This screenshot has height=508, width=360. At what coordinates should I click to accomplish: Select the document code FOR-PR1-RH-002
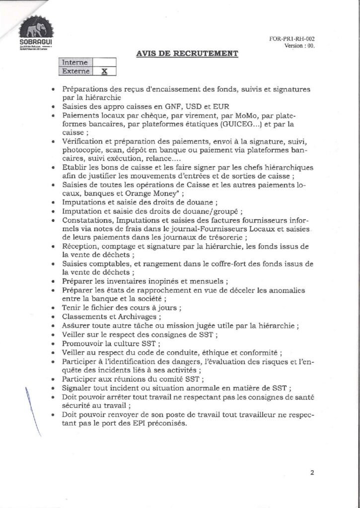pos(292,39)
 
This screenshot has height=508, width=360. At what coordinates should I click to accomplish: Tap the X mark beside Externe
pos(104,71)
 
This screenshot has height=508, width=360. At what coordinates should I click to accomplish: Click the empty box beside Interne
pos(104,63)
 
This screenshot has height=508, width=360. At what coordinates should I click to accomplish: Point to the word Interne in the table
pos(75,63)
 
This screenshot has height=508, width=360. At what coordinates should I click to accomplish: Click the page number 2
pos(312,473)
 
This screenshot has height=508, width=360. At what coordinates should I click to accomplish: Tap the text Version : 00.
pos(299,46)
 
